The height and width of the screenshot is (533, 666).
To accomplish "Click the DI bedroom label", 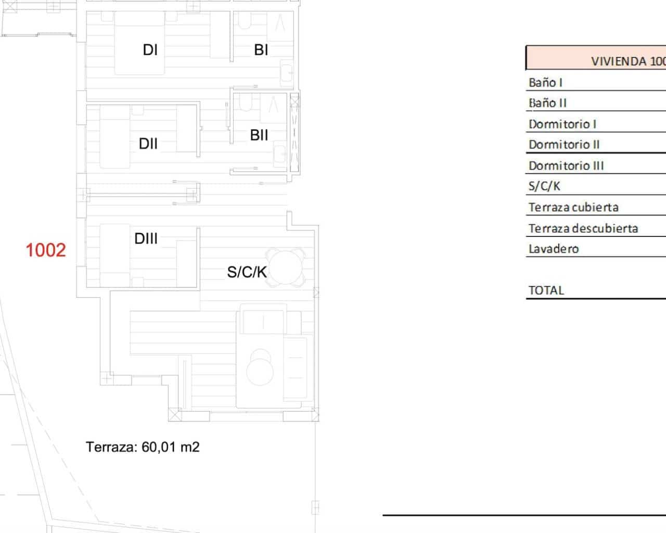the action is click(150, 50).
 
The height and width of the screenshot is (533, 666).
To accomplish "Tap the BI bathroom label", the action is click(261, 50).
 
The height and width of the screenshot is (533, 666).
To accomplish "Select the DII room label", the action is click(148, 144).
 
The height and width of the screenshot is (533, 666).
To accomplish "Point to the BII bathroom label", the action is click(259, 135).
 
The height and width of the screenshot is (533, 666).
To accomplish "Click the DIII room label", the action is click(146, 238).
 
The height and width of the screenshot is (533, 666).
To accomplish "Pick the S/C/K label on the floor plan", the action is click(247, 272).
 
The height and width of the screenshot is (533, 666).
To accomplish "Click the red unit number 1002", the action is click(46, 250).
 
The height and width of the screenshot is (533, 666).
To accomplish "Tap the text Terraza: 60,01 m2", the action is click(143, 447).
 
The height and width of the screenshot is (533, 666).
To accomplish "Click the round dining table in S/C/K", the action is click(285, 268).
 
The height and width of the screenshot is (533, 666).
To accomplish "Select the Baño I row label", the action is click(545, 83).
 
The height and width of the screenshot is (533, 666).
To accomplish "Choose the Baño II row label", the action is click(547, 103).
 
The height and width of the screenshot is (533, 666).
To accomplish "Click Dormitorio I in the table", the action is click(562, 124).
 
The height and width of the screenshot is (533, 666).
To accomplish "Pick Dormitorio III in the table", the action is click(566, 166).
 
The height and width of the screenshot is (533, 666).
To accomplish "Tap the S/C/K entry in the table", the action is click(544, 186).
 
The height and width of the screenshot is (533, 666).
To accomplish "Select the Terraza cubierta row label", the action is click(573, 207).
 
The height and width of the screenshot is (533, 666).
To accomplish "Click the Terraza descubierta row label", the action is click(583, 229).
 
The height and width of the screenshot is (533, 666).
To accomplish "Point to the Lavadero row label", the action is click(554, 249).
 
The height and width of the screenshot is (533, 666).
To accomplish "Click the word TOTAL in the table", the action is click(546, 290).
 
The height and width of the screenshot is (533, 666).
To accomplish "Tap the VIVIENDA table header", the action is click(629, 61).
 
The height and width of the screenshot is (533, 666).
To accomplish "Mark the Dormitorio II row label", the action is click(564, 145).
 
